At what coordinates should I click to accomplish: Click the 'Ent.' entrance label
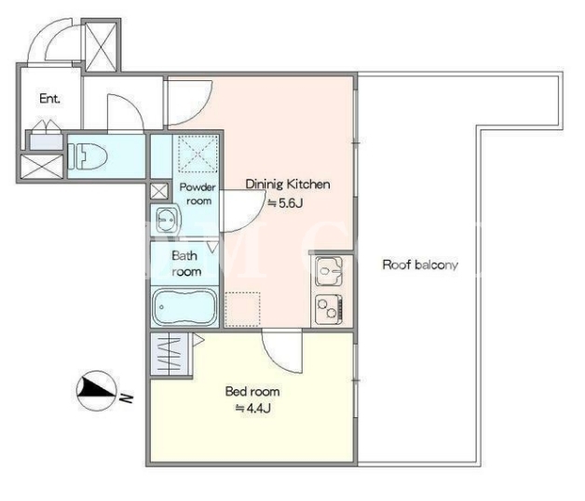[x=49, y=99]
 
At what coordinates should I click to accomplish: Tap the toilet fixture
[x=88, y=156]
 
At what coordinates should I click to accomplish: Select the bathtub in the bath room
[x=184, y=306]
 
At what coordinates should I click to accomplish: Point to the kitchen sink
[x=329, y=270]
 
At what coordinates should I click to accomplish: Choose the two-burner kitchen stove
[x=329, y=309]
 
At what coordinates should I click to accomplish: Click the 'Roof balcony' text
[x=420, y=264]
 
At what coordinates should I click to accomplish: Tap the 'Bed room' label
[x=252, y=391]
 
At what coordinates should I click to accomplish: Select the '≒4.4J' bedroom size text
[x=252, y=408]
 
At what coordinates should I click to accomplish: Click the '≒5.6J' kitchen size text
[x=285, y=203]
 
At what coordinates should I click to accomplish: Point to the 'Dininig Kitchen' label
[x=288, y=184]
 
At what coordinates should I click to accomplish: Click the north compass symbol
[x=97, y=390]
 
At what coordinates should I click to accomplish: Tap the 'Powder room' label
[x=197, y=194]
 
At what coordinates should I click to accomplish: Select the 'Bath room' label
[x=185, y=264]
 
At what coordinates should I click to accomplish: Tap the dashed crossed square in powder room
[x=197, y=154]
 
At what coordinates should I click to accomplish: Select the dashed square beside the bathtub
[x=243, y=309]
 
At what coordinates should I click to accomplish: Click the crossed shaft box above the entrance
[x=101, y=46]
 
